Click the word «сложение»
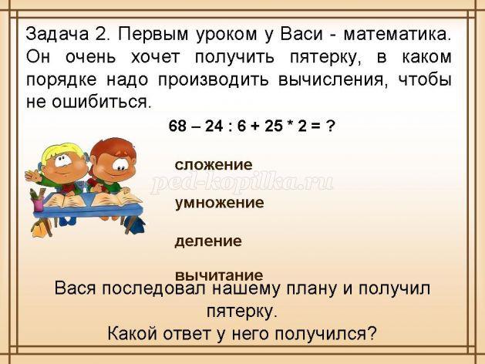[214, 165]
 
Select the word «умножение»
[219, 203]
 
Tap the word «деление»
[208, 241]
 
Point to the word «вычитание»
[219, 275]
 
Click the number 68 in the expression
[178, 126]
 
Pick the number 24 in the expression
[214, 126]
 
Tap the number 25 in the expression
[274, 126]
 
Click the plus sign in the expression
[255, 126]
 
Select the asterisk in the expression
[290, 123]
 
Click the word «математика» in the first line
[397, 35]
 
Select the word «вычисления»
[333, 80]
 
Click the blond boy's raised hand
[32, 177]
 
